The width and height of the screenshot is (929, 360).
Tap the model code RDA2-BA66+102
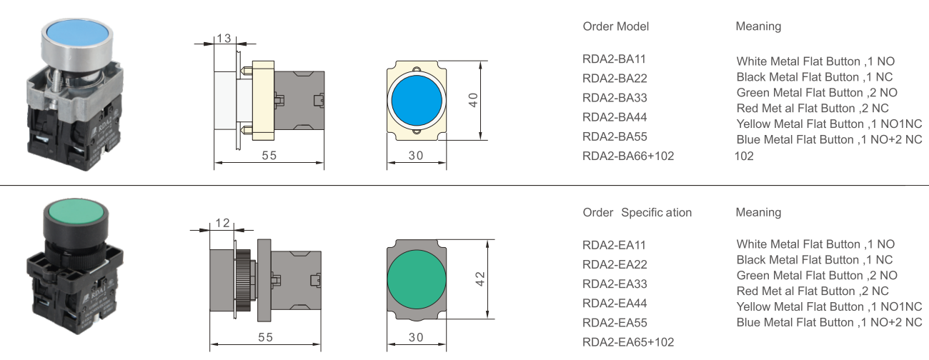[x=628, y=156]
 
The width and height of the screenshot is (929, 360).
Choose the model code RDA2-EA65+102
[x=628, y=342]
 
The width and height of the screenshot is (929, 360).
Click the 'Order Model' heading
[x=615, y=26]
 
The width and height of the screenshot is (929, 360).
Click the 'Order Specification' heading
[x=637, y=213]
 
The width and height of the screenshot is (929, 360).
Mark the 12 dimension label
[x=222, y=224]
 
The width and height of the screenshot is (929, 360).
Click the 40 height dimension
[x=472, y=100]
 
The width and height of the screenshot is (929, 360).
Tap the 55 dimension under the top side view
[x=268, y=156]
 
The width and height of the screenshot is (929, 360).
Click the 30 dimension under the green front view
[x=416, y=337]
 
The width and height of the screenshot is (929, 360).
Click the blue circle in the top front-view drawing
[x=417, y=99]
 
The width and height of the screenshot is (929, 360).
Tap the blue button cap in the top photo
[x=76, y=34]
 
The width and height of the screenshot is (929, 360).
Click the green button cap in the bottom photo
[x=75, y=214]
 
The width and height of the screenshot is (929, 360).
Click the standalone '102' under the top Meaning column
[x=743, y=156]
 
